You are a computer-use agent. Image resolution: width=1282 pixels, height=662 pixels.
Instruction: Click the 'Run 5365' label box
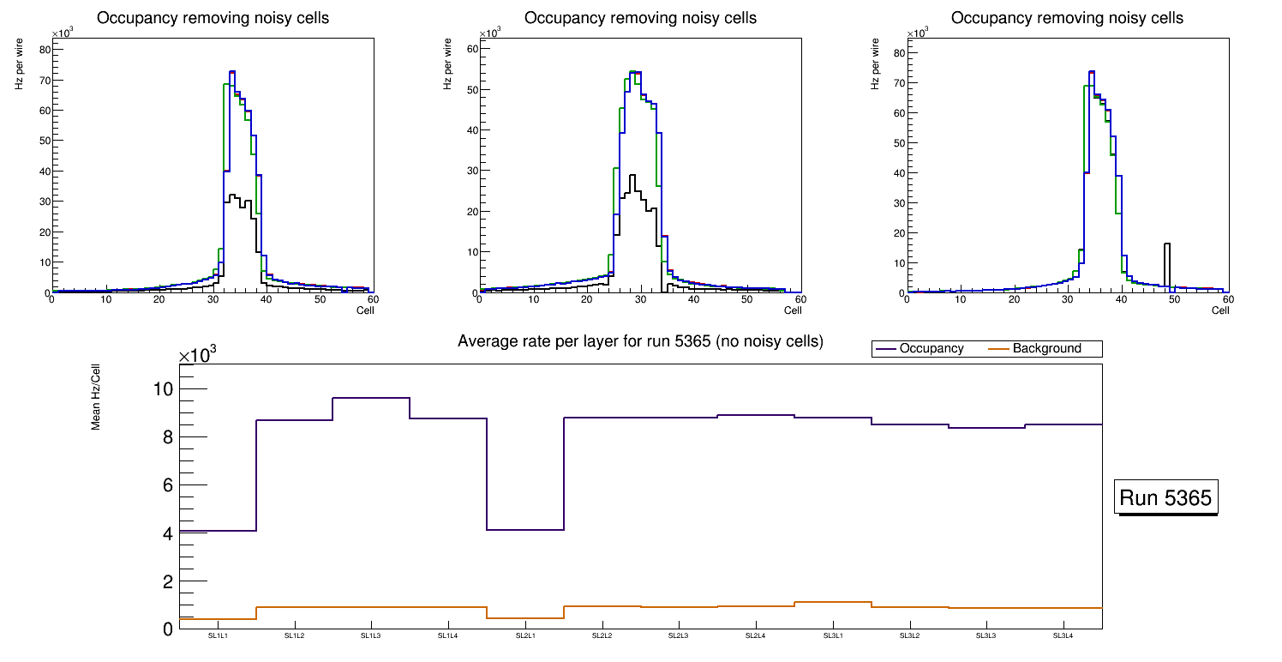[x=1167, y=497]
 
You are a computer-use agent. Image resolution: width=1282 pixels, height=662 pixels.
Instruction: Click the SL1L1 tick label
[x=218, y=636]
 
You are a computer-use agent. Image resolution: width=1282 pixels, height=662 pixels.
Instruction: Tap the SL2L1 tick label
[x=525, y=636]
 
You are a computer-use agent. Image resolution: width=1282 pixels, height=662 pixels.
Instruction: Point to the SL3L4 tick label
[x=1063, y=636]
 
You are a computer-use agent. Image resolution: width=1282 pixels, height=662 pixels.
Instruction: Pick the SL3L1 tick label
[x=833, y=636]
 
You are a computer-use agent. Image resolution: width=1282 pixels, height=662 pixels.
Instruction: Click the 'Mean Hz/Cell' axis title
[x=97, y=399]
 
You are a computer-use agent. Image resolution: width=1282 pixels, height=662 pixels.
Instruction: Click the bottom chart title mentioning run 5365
[x=640, y=341]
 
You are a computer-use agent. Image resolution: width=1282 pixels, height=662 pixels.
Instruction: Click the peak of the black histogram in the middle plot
[x=632, y=177]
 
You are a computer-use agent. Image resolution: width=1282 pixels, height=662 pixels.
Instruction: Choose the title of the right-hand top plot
[x=1067, y=18]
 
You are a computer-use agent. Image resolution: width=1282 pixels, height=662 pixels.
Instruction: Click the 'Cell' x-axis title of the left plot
[x=365, y=310]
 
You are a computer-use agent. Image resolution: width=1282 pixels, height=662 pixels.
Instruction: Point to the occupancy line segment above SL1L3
[x=371, y=398]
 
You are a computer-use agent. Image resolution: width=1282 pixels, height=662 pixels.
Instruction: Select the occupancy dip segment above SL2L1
[x=525, y=530]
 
